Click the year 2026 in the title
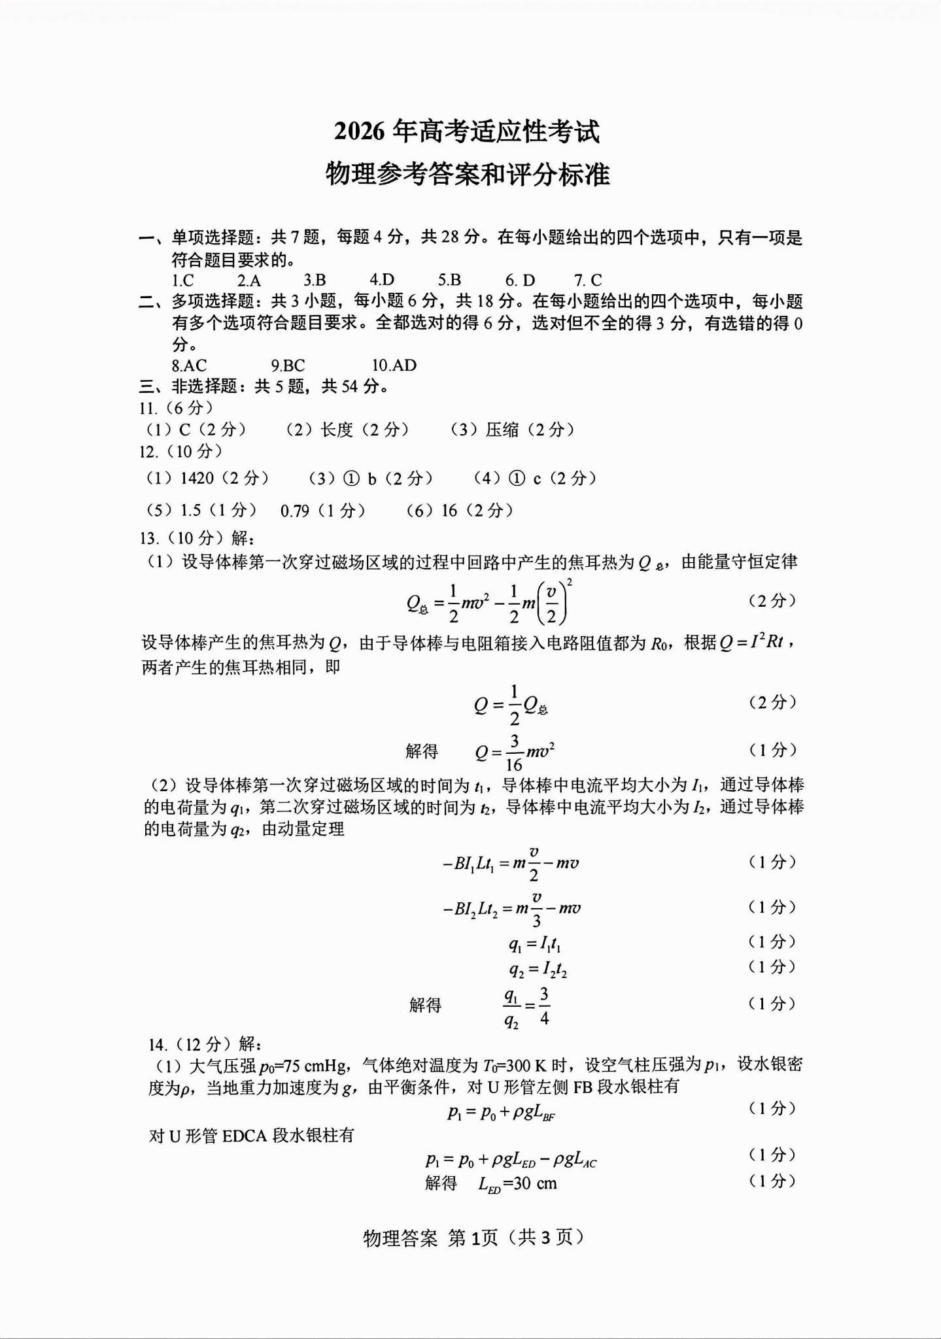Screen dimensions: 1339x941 pos(359,131)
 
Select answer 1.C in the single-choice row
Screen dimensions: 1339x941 pos(182,280)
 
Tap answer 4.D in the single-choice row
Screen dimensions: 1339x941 pos(382,280)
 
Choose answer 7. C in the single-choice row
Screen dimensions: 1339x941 pos(588,280)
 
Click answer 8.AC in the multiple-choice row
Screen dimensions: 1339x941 pos(189,365)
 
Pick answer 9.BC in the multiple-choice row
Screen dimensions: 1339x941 pos(288,365)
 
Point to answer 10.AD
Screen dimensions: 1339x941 pos(394,365)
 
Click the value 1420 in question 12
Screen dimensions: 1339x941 pos(197,479)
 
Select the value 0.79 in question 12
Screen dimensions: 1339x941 pos(295,511)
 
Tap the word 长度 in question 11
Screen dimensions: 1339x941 pos(337,430)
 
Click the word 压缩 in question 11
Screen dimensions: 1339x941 pos(502,430)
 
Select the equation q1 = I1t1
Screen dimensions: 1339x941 pos(534,943)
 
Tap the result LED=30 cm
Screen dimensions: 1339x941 pos(517,1183)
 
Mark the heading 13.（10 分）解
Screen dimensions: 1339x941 pos(197,538)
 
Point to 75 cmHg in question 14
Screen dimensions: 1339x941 pos(315,1066)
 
